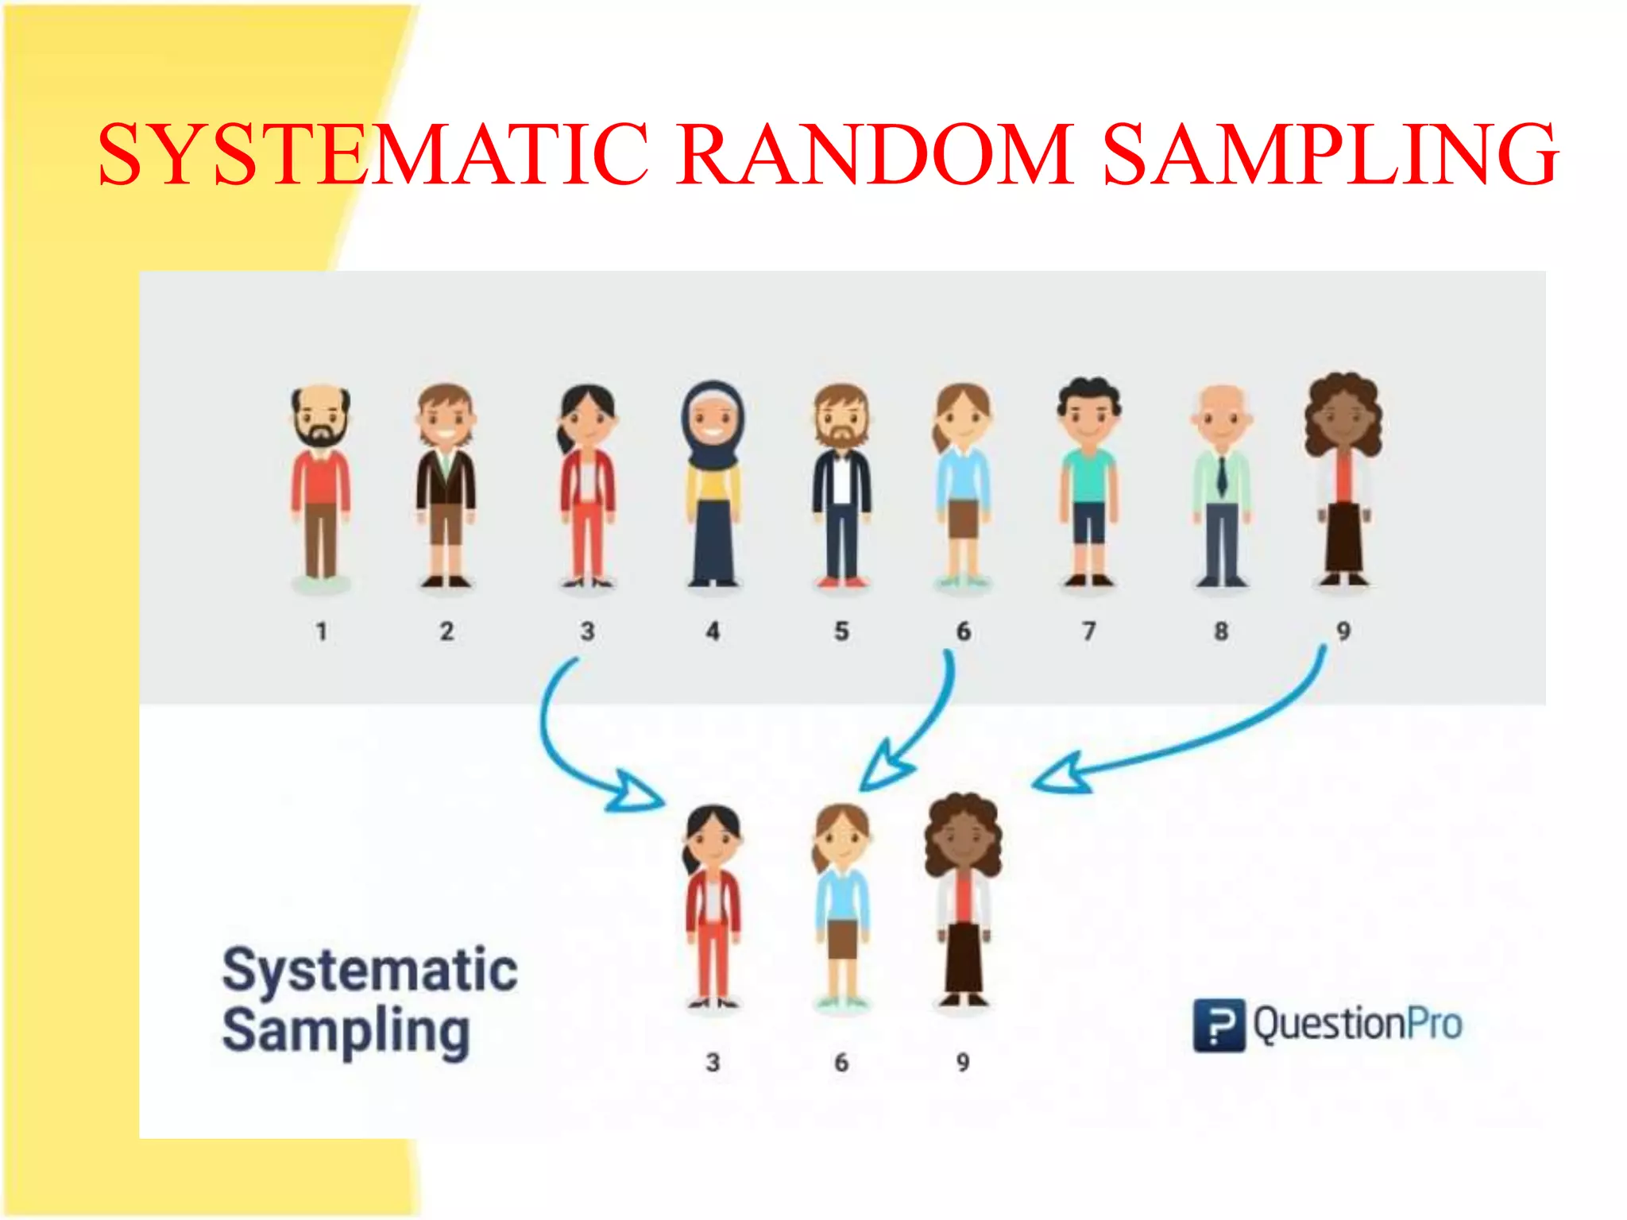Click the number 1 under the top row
click(x=321, y=631)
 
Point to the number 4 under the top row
click(x=713, y=631)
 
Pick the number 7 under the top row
click(x=1088, y=631)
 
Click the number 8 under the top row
click(x=1221, y=631)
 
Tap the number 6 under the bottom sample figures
click(x=841, y=1062)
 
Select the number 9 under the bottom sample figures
click(x=963, y=1062)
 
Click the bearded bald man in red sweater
click(x=321, y=485)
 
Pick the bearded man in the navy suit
click(x=842, y=485)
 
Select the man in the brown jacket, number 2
click(x=446, y=485)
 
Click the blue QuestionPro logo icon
click(x=1219, y=1025)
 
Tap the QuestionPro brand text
click(x=1358, y=1024)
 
